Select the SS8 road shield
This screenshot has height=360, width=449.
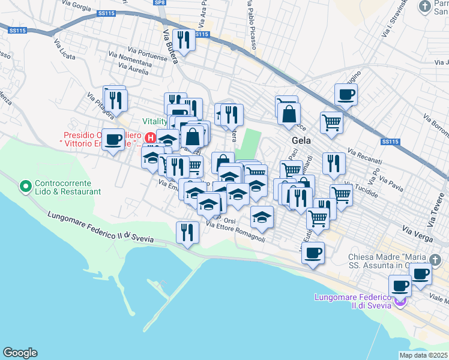point(158,3)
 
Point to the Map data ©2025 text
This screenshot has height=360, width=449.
point(423,355)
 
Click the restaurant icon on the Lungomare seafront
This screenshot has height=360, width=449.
point(187,232)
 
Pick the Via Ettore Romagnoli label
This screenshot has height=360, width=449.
point(235,232)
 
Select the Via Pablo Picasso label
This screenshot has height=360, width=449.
point(248,20)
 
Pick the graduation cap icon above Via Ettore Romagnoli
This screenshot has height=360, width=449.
point(262,217)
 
